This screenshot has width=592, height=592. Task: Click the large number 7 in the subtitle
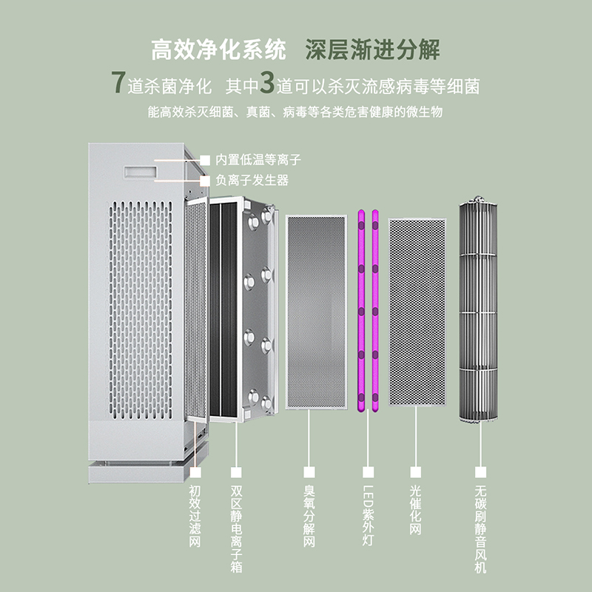(117, 84)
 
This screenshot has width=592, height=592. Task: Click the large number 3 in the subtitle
(267, 84)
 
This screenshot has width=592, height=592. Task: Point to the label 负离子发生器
(252, 180)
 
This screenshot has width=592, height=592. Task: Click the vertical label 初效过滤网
(195, 517)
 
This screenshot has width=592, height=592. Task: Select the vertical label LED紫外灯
(368, 516)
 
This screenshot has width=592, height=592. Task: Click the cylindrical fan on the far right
(479, 311)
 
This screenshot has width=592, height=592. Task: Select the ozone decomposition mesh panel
(316, 311)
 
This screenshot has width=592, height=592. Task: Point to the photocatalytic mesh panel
(417, 311)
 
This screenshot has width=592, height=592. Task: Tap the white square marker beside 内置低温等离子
(205, 159)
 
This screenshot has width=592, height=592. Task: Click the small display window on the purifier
(139, 171)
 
